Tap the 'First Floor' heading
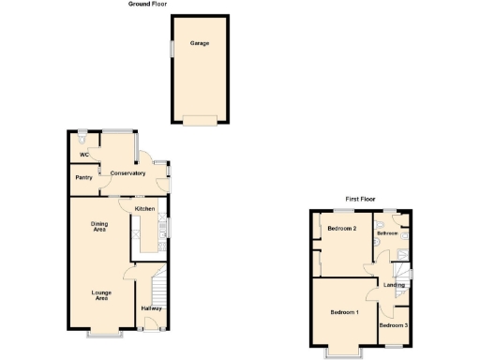pyautogui.click(x=360, y=199)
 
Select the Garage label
pyautogui.click(x=199, y=44)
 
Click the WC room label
pyautogui.click(x=83, y=155)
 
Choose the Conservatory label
pyautogui.click(x=127, y=173)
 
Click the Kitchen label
pyautogui.click(x=144, y=208)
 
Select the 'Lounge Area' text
pyautogui.click(x=101, y=296)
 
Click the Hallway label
pyautogui.click(x=151, y=308)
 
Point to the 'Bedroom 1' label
pyautogui.click(x=344, y=312)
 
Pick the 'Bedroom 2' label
pyautogui.click(x=340, y=229)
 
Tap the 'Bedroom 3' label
pyautogui.click(x=394, y=324)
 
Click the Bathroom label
pyautogui.click(x=388, y=233)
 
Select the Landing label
pyautogui.click(x=395, y=285)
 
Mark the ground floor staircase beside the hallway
pyautogui.click(x=157, y=281)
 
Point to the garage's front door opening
pyautogui.click(x=199, y=119)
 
